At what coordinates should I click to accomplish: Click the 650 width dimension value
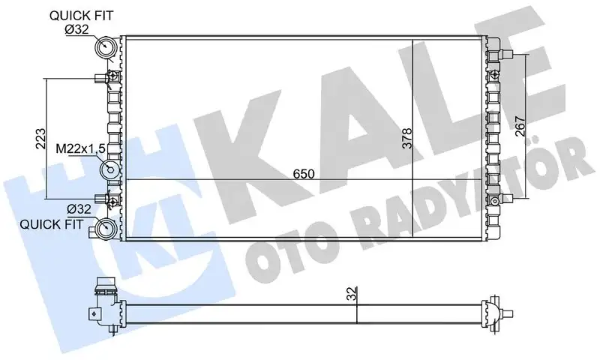click(304, 174)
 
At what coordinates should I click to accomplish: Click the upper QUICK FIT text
click(82, 15)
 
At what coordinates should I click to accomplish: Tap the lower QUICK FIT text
click(51, 223)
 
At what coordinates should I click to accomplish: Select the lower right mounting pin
click(507, 199)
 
